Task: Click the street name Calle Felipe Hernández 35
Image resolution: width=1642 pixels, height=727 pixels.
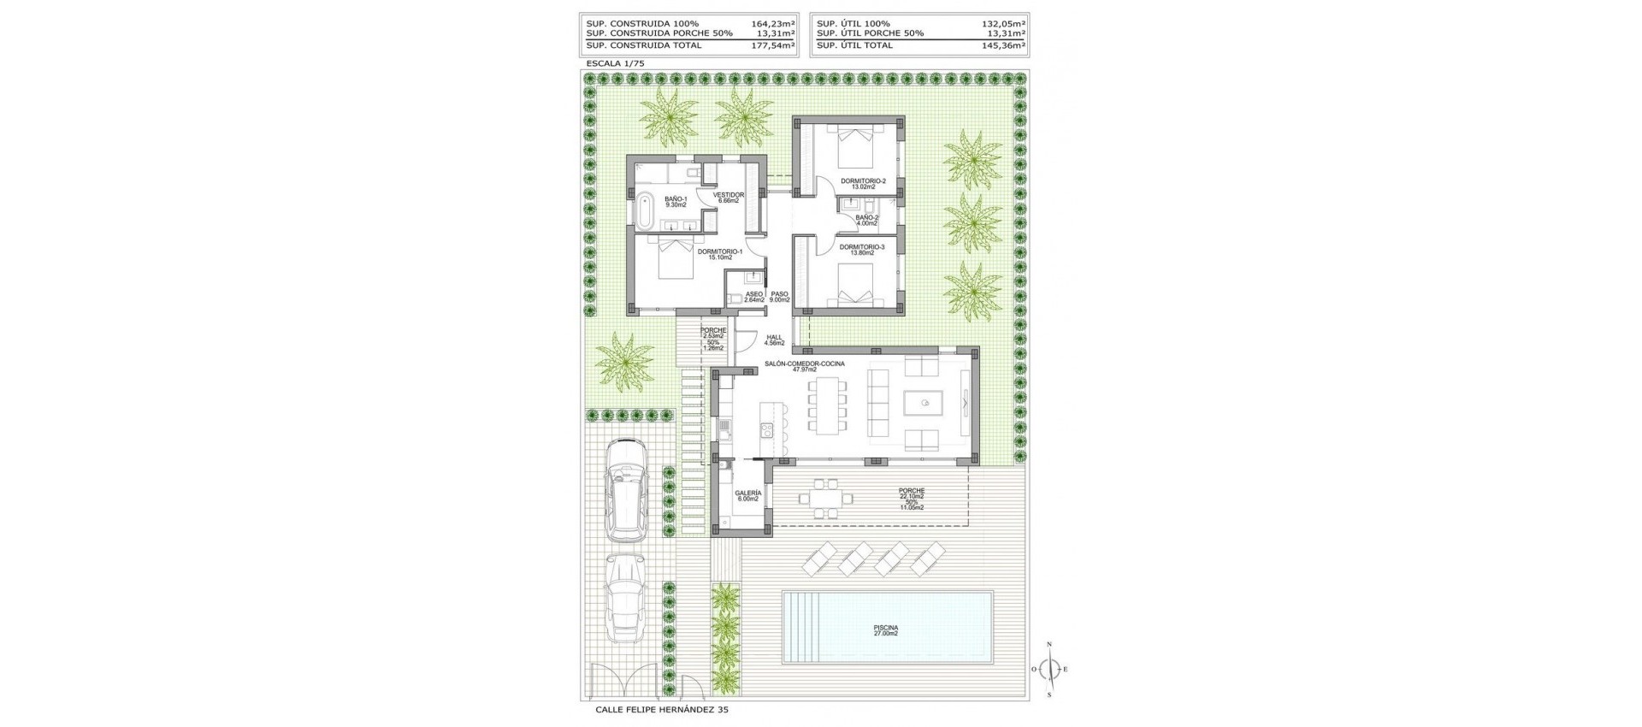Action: click(x=661, y=710)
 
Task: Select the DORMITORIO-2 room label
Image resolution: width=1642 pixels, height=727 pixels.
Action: click(x=862, y=182)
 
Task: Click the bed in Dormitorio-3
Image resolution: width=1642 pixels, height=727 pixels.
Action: click(x=854, y=286)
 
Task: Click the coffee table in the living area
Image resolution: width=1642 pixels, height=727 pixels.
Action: click(x=924, y=403)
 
